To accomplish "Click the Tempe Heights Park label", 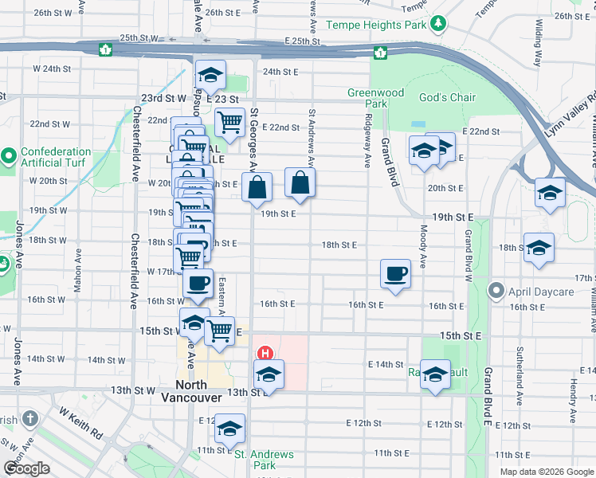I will (382, 25).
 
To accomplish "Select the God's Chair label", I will (447, 98).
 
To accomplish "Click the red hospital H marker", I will (265, 353).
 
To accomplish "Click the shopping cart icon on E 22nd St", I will (229, 123).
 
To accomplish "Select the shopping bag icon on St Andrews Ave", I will (299, 182).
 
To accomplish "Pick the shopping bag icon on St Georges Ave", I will (257, 188).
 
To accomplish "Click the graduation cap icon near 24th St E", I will (210, 75).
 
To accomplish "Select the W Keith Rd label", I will (80, 421).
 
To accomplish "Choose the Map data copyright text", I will (546, 472).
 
